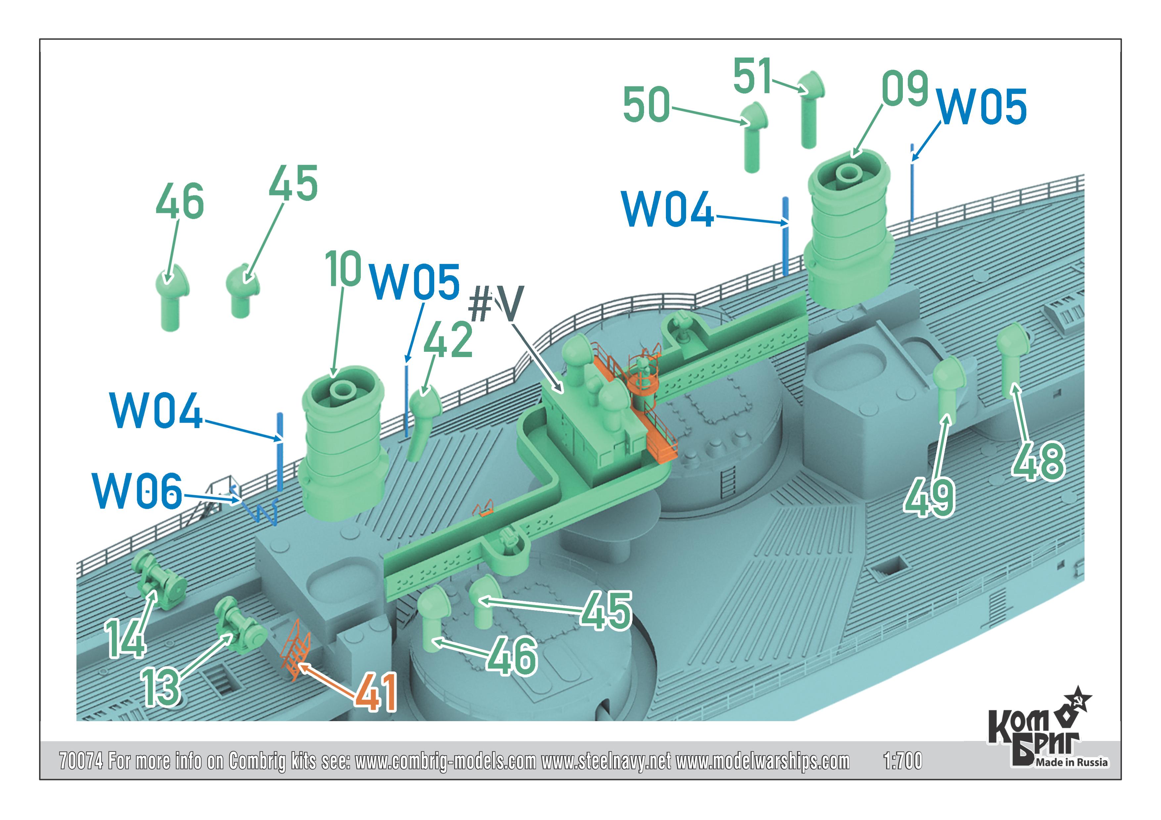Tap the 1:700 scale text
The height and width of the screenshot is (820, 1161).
click(x=903, y=761)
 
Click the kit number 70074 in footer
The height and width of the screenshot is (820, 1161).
click(x=81, y=761)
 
